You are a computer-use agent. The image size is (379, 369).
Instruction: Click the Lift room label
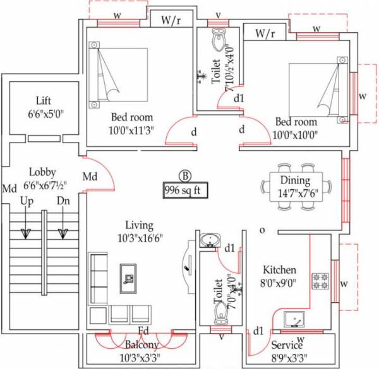pos(44,100)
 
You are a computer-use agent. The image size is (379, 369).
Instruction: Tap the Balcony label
pos(141,345)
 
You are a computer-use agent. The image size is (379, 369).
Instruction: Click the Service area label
pos(287,346)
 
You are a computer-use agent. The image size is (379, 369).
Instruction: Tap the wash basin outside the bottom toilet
pos(209,240)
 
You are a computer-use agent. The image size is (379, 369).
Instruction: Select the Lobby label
pos(43,172)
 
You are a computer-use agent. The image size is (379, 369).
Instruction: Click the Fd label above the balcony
pos(144,331)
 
